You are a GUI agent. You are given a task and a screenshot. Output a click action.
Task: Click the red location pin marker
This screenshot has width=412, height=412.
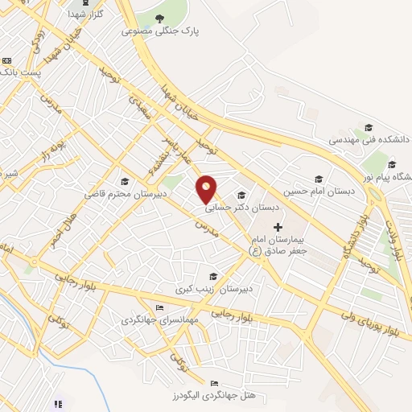coord(207,188)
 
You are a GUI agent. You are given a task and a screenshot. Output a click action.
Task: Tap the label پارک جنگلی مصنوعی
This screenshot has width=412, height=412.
coord(159,31)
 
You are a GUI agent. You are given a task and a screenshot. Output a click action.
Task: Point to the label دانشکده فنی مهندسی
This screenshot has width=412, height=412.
coord(369,140)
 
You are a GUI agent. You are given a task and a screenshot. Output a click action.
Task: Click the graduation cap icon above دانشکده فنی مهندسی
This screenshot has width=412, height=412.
coord(369,127)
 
